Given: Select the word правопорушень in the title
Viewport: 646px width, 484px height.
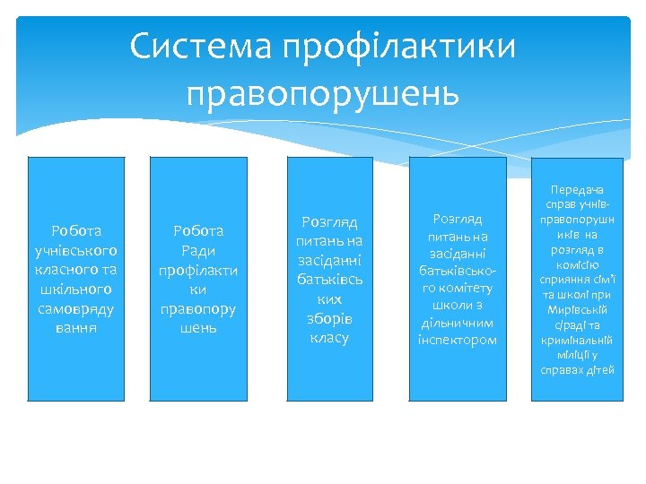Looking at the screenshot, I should (x=323, y=92).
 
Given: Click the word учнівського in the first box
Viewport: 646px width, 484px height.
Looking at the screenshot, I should (x=76, y=250).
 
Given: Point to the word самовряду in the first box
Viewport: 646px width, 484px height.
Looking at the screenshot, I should (x=76, y=308).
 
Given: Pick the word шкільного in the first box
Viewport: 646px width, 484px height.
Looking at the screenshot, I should (x=76, y=289).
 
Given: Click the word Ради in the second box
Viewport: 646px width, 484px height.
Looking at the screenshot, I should (x=198, y=250).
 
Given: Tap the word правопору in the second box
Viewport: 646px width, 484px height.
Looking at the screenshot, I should (x=198, y=308).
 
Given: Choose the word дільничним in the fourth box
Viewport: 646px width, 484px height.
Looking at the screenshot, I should (x=457, y=323).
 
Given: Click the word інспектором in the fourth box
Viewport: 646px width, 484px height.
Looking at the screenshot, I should (x=457, y=340).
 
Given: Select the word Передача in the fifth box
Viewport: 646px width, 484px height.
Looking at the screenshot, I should (x=579, y=191).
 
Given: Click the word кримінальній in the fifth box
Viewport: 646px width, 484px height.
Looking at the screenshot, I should (x=579, y=342).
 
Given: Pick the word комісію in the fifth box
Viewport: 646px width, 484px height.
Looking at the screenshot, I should (x=579, y=265).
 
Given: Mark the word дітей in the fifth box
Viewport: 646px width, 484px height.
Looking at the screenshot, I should (x=598, y=370).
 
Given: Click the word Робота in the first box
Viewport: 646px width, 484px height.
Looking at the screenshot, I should (x=76, y=230).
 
